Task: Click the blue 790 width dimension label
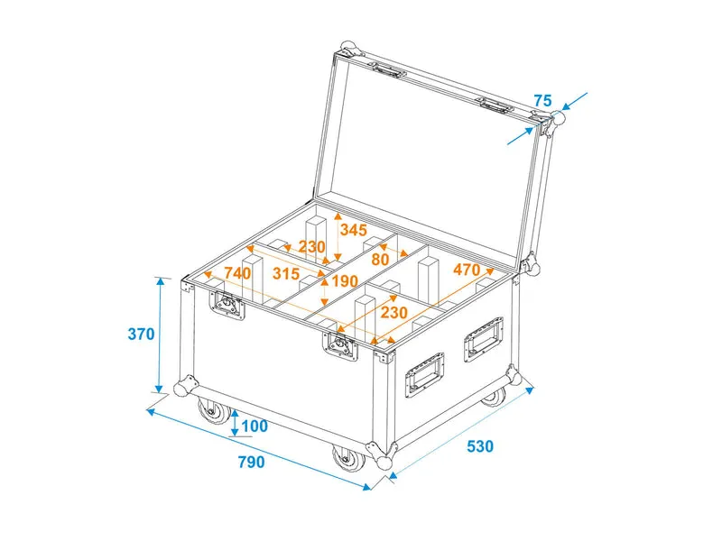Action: (252, 462)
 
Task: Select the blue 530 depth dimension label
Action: (480, 446)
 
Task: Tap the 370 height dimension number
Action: (141, 334)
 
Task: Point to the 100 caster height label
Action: (255, 426)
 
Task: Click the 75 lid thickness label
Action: (542, 101)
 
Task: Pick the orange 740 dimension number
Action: (237, 273)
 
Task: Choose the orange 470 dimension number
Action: (467, 270)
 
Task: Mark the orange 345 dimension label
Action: (354, 230)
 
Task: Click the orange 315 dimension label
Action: (286, 274)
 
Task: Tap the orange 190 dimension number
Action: (345, 280)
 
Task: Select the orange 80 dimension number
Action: (380, 260)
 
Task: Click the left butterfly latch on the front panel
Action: (227, 304)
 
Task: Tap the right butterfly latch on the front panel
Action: (340, 345)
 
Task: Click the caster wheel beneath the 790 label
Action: (348, 458)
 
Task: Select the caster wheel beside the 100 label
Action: (214, 411)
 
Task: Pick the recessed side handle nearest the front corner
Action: (424, 374)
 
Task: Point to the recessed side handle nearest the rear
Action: (484, 340)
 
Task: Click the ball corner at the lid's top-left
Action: (349, 49)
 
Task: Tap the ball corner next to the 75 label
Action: (557, 117)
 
